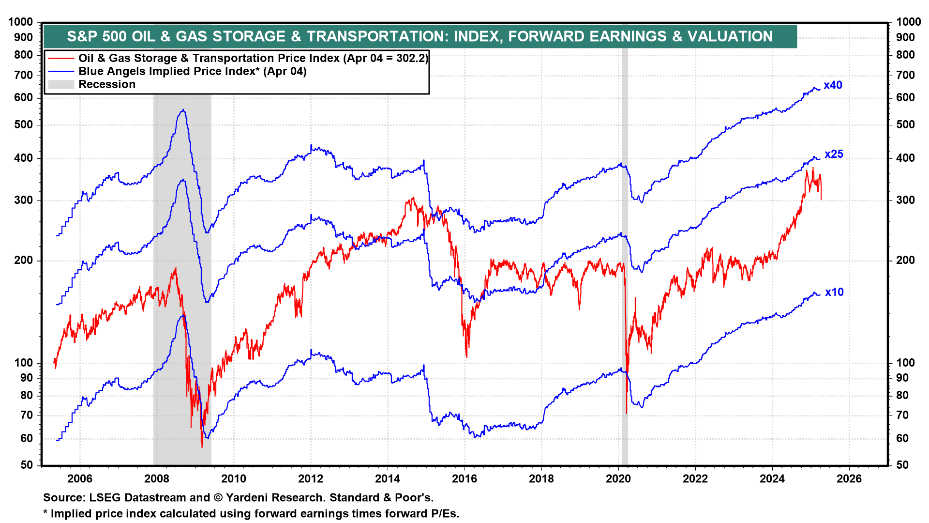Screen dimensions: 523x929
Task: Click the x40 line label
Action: [x=833, y=85]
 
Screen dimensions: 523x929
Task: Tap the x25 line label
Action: [x=834, y=154]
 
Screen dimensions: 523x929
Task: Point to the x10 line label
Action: [x=834, y=292]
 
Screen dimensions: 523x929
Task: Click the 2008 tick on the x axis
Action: [x=157, y=478]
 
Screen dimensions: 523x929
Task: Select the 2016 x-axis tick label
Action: [x=464, y=478]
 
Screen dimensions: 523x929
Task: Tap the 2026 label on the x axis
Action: [x=849, y=478]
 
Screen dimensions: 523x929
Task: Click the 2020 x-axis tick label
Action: [x=618, y=478]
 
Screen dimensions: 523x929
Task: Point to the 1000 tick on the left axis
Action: [x=21, y=22]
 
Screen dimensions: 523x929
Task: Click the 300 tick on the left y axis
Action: [x=24, y=200]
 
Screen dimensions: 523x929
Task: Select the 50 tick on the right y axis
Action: [x=902, y=465]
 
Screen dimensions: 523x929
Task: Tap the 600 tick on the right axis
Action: [x=905, y=97]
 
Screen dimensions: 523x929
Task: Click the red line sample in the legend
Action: [x=61, y=58]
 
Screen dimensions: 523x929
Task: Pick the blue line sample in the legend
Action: [x=61, y=71]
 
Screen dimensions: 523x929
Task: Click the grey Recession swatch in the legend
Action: [x=61, y=84]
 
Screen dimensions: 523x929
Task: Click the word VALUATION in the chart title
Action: [x=730, y=36]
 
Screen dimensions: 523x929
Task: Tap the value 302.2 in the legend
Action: [x=411, y=58]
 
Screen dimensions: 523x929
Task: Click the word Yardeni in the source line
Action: [x=245, y=497]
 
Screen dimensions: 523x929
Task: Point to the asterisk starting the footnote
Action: [x=45, y=513]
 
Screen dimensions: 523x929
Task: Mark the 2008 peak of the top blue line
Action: [x=182, y=110]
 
